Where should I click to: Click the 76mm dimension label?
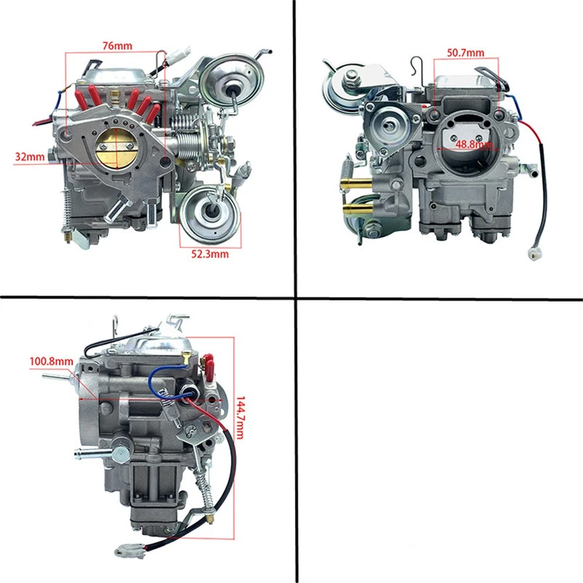click(117, 46)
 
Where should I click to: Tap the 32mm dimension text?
click(30, 157)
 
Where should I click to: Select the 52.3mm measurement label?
click(210, 254)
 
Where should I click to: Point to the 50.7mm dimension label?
click(465, 53)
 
